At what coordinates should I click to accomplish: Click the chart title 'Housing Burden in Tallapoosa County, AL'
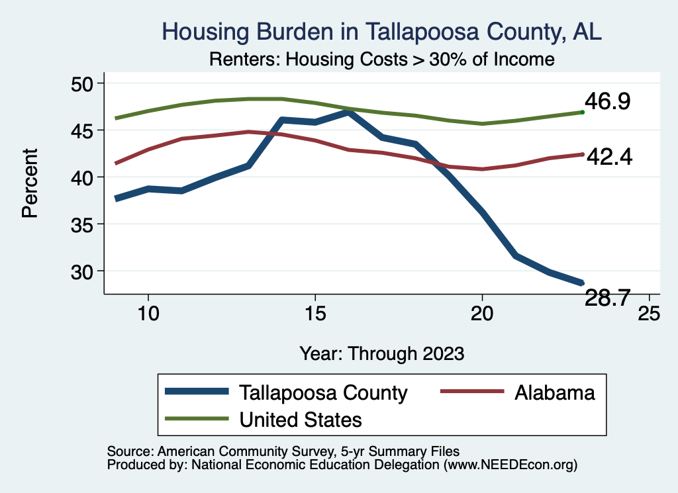point(382,32)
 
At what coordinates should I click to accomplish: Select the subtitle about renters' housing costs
point(381,60)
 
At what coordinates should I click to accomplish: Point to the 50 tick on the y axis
point(83,83)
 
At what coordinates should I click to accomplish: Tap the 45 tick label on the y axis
point(83,130)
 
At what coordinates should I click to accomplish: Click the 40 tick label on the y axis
point(83,177)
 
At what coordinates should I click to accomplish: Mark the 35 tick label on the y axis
point(83,224)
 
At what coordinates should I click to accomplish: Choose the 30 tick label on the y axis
point(83,271)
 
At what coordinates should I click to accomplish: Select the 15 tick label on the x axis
point(315,313)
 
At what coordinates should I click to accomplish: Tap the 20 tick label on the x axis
point(482,313)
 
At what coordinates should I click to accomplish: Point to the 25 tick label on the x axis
point(649,313)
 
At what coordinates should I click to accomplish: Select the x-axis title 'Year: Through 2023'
point(381,353)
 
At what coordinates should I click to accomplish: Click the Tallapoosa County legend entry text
point(324,392)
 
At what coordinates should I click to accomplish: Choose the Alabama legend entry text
point(554,392)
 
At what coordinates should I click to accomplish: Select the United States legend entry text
point(301,419)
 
